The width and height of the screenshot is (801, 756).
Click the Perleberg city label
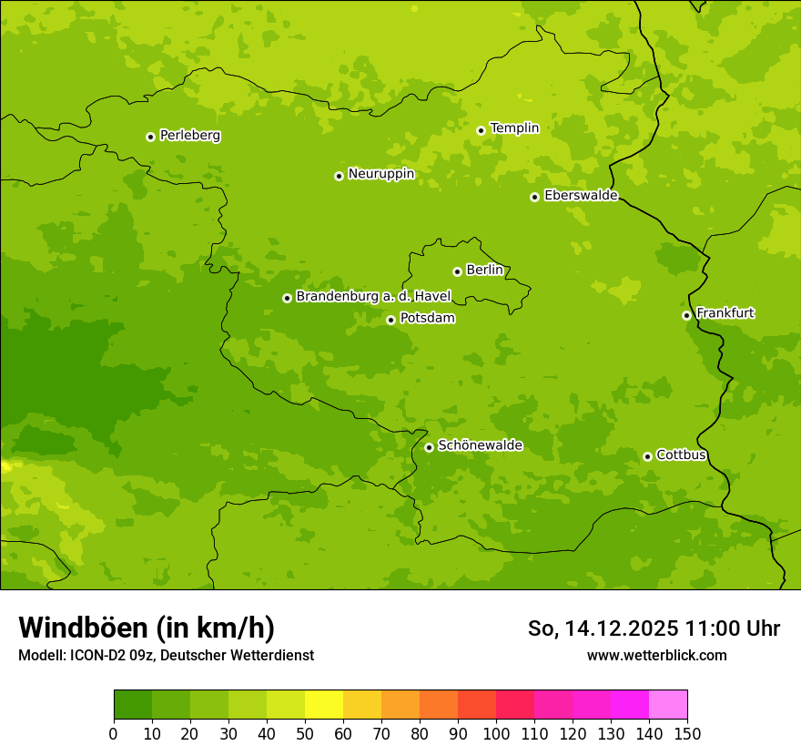[x=189, y=136]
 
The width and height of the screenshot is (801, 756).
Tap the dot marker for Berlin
[x=457, y=271]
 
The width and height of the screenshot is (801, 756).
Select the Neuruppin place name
[x=380, y=174]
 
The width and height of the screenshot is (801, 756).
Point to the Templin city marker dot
[x=481, y=130]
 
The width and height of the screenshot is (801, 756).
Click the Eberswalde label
[x=581, y=196]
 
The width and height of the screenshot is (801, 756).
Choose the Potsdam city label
[x=427, y=319]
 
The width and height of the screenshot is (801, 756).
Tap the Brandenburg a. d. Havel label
[x=373, y=297]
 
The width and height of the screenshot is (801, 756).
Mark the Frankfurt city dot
[x=686, y=315]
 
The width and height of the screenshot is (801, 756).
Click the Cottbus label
[x=681, y=455]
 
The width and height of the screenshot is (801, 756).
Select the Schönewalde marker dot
[x=429, y=447]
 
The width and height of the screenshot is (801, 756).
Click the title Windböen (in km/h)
[x=147, y=628]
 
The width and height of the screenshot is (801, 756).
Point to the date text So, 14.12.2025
[x=603, y=628]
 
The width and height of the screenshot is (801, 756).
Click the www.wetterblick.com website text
[x=656, y=655]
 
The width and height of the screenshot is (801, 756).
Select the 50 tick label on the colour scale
[x=305, y=733]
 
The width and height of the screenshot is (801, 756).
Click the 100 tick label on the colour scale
[x=496, y=733]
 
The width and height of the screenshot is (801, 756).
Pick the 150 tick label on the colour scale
[x=687, y=733]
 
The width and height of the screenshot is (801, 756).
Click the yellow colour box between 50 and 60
[x=324, y=705]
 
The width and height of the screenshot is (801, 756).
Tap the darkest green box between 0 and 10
[x=133, y=705]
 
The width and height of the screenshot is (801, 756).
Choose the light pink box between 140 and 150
[x=668, y=705]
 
